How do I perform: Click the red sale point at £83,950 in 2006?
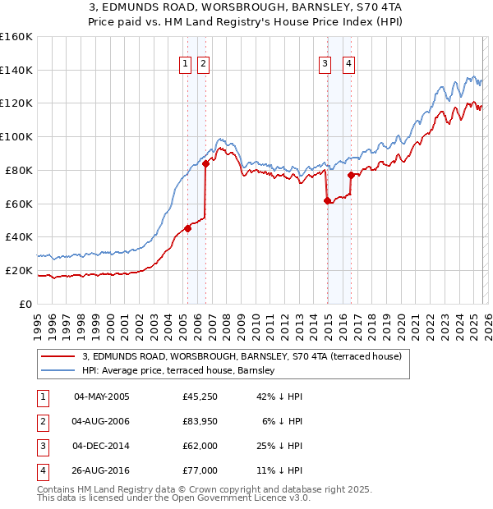205,163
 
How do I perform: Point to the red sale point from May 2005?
187,228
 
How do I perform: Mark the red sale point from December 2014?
327,200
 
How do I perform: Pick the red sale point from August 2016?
352,175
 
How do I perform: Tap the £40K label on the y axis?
19,236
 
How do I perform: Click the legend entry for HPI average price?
177,371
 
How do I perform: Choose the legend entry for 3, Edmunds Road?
242,356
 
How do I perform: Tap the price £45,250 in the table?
200,397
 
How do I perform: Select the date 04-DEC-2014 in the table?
101,447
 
